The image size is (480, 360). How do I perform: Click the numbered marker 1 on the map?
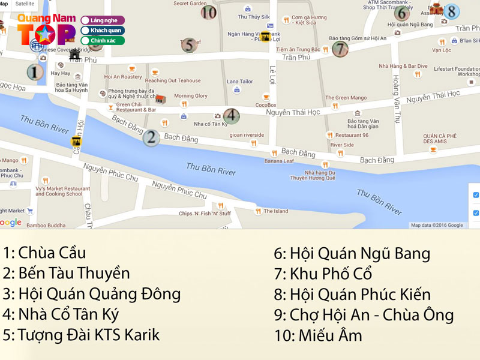coord(35,73)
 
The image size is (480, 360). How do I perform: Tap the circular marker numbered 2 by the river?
coord(151,137)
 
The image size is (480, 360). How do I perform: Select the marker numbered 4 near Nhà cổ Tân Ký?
coord(232,116)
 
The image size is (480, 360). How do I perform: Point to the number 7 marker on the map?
coord(340,49)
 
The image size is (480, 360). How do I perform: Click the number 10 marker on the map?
coord(209,11)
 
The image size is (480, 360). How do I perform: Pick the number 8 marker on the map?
coord(451,11)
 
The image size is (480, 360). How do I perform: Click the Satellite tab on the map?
coord(25,4)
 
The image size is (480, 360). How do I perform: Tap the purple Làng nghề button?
coord(103,20)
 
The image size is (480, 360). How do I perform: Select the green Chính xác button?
coord(103,41)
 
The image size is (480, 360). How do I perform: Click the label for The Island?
coord(276,211)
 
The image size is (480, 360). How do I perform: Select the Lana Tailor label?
coord(239,82)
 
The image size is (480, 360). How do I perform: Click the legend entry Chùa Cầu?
coord(44,253)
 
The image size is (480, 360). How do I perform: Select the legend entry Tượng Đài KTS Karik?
coord(81,334)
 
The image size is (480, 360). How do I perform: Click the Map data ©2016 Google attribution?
coord(437,225)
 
